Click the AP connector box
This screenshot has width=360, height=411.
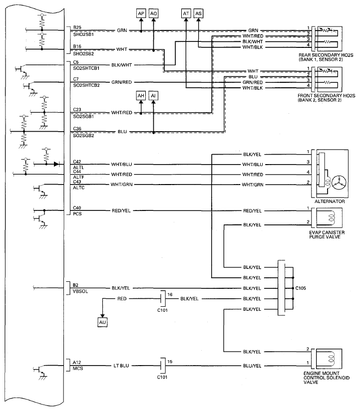pos(141,13)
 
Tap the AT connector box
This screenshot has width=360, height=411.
pos(186,13)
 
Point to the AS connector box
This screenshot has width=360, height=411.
pos(199,13)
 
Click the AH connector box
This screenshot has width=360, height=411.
pos(141,95)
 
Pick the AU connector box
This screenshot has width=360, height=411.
pos(102,322)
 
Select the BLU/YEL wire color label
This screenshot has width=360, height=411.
pos(252,366)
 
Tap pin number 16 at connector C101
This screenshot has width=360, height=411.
pos(171,295)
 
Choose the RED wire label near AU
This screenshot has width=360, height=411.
pos(122,299)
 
